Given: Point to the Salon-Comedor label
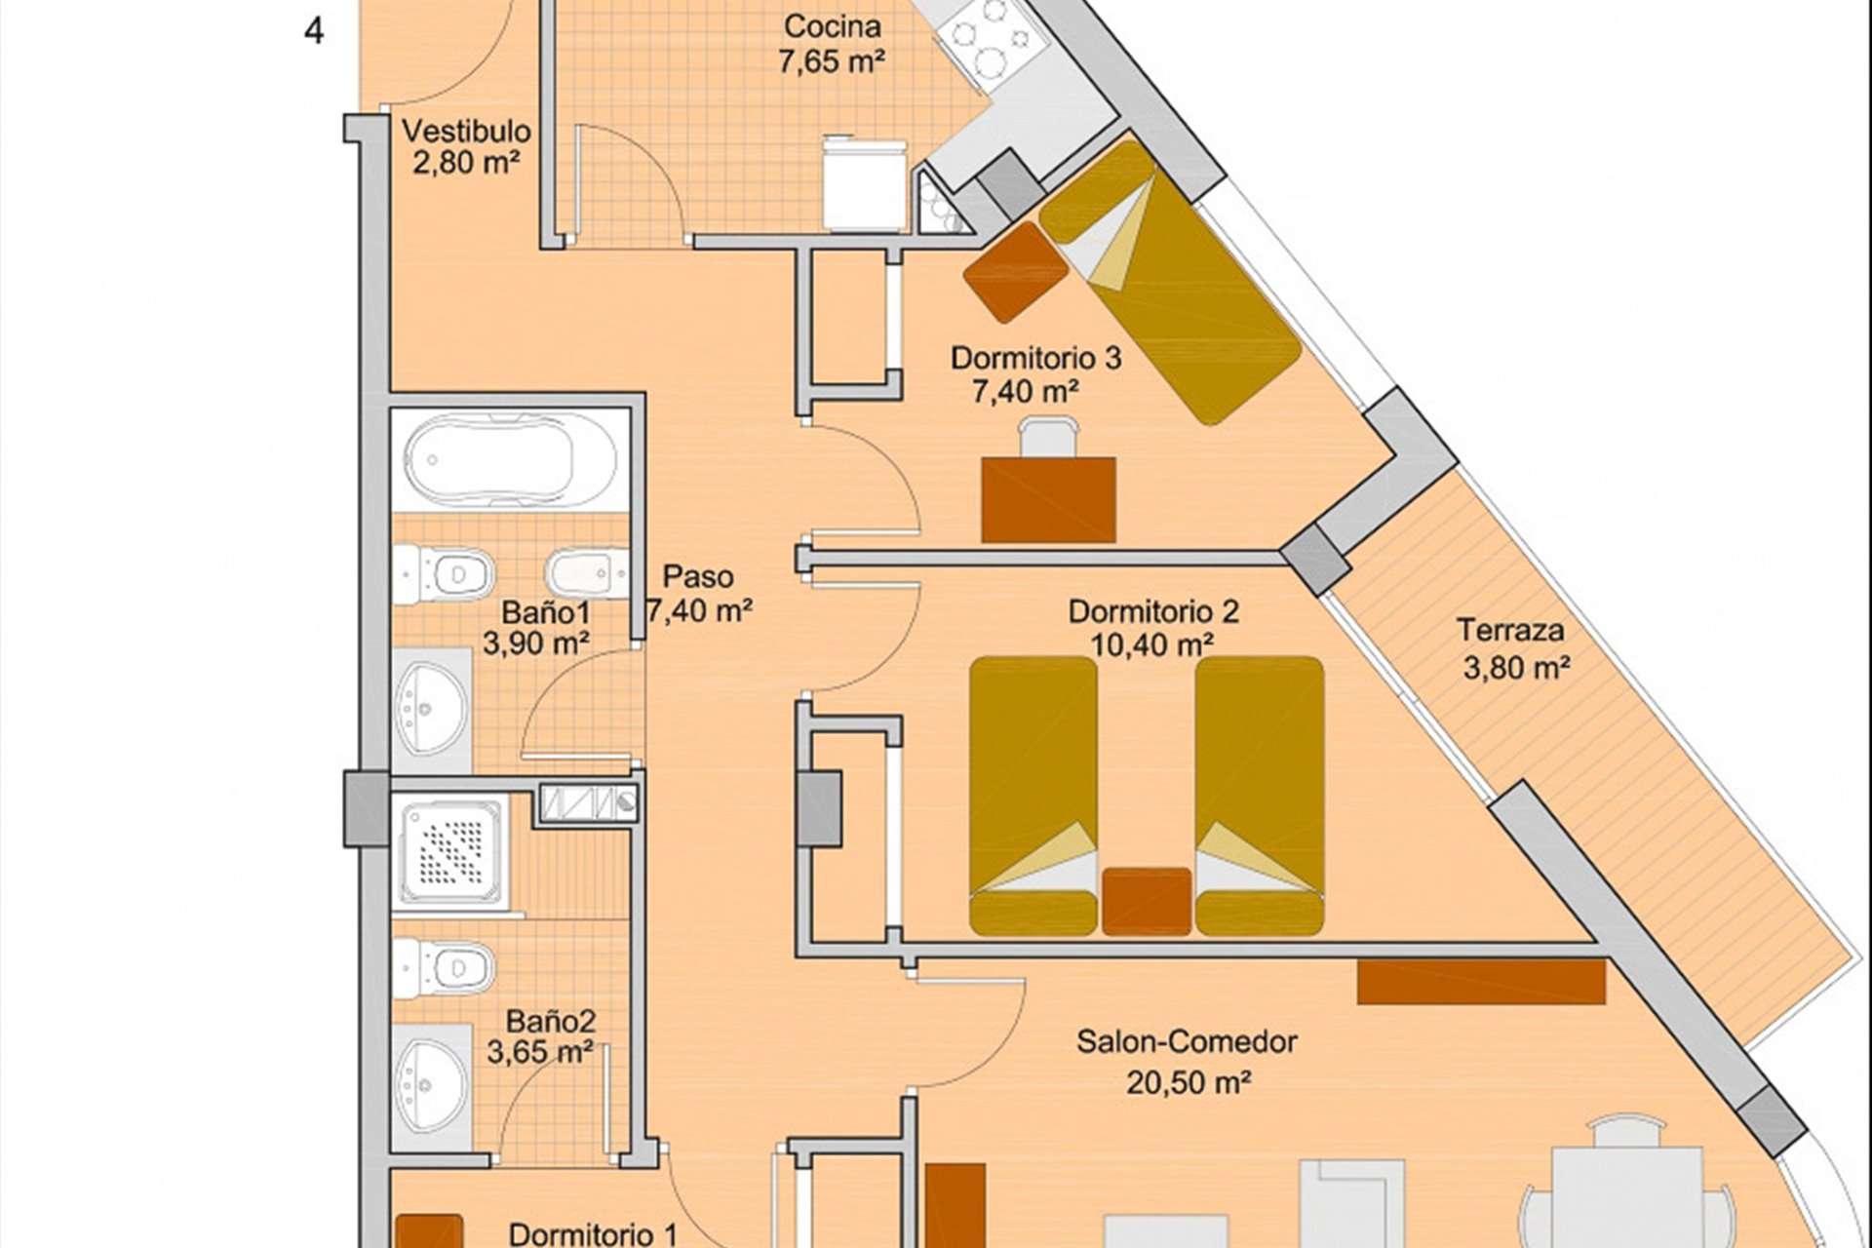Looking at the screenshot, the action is pyautogui.click(x=1187, y=1041).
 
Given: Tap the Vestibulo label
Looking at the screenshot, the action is pyautogui.click(x=467, y=131).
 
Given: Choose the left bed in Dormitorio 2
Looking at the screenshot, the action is pyautogui.click(x=1033, y=796).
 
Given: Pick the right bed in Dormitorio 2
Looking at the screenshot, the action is pyautogui.click(x=1260, y=796).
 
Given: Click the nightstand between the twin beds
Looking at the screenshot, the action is pyautogui.click(x=1147, y=901).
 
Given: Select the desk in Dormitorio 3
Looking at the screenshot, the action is pyautogui.click(x=1049, y=500).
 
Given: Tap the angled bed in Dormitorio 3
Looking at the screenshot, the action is pyautogui.click(x=1170, y=283).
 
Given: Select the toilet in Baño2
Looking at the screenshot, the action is pyautogui.click(x=445, y=968).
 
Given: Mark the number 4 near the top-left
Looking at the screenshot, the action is pyautogui.click(x=314, y=31).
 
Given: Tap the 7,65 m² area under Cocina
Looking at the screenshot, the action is pyautogui.click(x=832, y=61).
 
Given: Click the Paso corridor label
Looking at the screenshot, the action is pyautogui.click(x=698, y=576).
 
